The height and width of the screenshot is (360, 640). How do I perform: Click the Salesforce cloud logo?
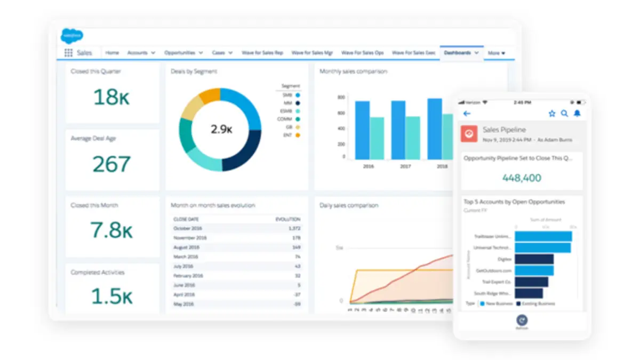(71, 35)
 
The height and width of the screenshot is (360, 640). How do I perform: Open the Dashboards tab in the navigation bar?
(458, 53)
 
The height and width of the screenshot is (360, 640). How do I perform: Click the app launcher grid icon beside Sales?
(68, 53)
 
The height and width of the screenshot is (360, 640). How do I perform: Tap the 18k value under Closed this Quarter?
(112, 97)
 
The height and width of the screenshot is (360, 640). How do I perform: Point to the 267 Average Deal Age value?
(112, 164)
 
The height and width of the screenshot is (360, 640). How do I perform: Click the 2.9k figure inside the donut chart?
(220, 129)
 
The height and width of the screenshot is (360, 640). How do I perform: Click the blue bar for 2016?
(363, 130)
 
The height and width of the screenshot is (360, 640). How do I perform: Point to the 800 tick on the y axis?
(341, 98)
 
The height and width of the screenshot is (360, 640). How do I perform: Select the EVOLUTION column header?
(288, 219)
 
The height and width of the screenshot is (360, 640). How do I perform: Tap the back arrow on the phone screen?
(467, 114)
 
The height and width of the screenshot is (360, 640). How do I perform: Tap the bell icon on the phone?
(577, 114)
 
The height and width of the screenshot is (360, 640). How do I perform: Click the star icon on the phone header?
(552, 114)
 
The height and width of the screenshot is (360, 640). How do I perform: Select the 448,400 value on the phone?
(522, 178)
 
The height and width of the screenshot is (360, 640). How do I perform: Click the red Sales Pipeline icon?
(470, 134)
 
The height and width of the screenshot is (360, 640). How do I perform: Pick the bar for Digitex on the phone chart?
(534, 259)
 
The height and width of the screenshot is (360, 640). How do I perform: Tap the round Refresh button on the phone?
(522, 319)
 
